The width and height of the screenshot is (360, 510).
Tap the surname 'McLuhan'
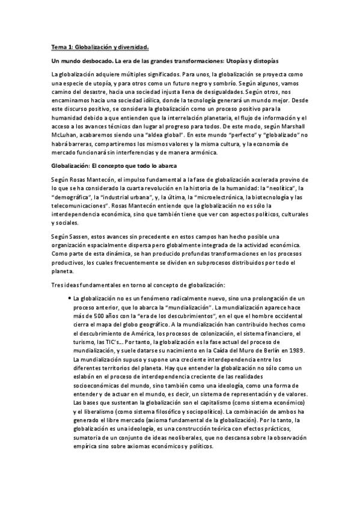(x=64, y=136)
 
